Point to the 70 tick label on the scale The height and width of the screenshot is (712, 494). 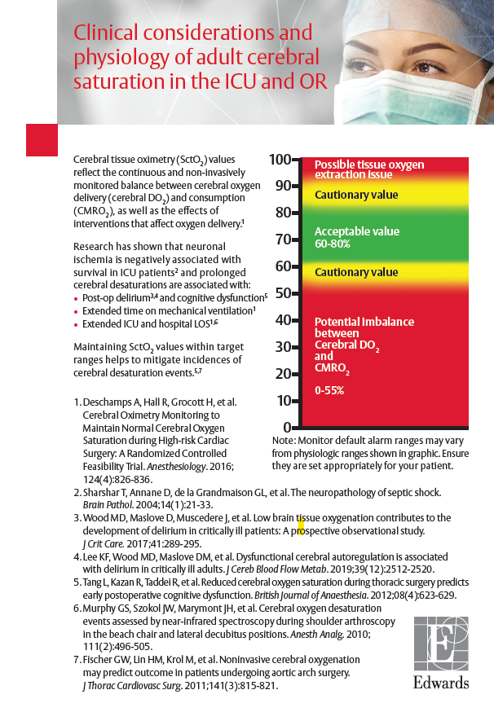click(x=281, y=240)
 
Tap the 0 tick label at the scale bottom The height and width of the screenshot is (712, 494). click(x=287, y=427)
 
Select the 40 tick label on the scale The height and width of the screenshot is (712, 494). click(x=281, y=320)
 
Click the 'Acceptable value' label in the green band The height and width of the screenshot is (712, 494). click(x=357, y=231)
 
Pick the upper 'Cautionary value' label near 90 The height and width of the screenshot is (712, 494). click(x=356, y=195)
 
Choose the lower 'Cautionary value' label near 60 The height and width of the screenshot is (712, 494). click(x=356, y=272)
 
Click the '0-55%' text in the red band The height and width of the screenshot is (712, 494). click(x=329, y=390)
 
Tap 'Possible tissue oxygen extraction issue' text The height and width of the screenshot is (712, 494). click(x=369, y=169)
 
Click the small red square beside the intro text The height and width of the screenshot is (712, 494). click(x=42, y=139)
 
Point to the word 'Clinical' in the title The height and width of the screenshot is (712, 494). click(x=104, y=33)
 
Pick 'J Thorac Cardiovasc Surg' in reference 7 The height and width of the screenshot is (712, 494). click(x=131, y=686)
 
